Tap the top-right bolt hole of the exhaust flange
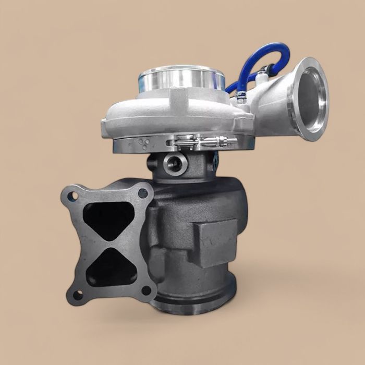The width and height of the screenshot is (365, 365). [x=142, y=193]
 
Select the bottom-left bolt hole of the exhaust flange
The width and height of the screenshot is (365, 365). [x=78, y=295]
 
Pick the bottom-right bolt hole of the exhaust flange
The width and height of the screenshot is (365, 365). [x=147, y=290]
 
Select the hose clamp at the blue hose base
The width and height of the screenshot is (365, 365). [x=241, y=97]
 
